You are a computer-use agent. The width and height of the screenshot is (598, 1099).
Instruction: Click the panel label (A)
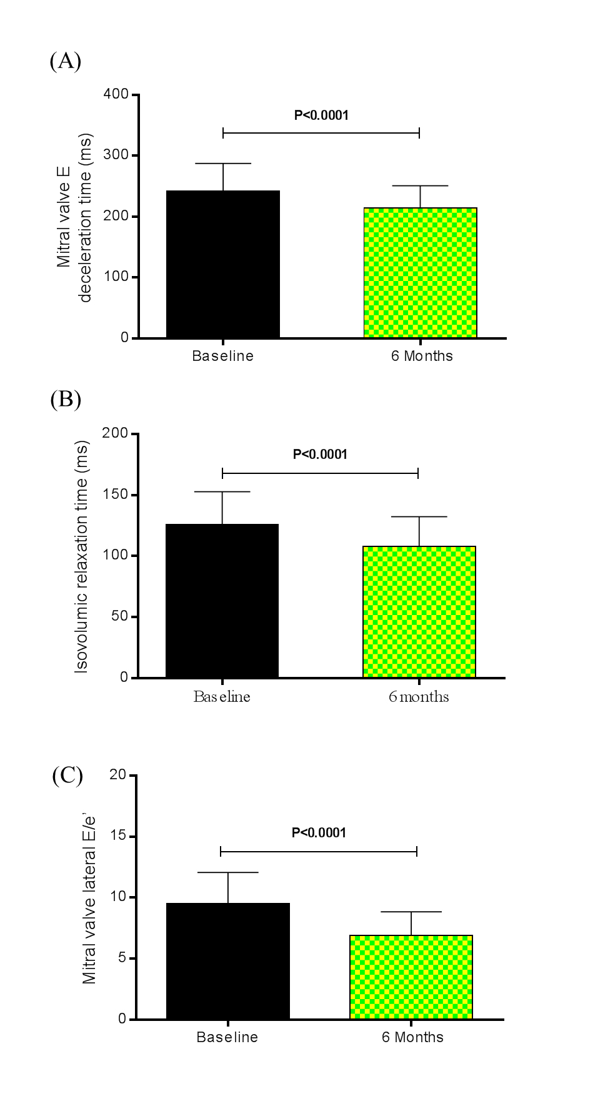pyautogui.click(x=66, y=61)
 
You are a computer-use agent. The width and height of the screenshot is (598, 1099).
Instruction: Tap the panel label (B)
pyautogui.click(x=66, y=399)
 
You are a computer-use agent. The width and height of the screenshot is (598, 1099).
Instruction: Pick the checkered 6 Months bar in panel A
pyautogui.click(x=421, y=273)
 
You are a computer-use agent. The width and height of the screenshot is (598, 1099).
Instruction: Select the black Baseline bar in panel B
pyautogui.click(x=222, y=601)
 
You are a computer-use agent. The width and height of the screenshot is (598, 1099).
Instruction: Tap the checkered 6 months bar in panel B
pyautogui.click(x=419, y=612)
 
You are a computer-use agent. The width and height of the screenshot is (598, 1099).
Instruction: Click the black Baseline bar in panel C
pyautogui.click(x=228, y=961)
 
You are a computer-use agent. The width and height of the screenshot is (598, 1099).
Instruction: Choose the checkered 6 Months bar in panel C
pyautogui.click(x=411, y=977)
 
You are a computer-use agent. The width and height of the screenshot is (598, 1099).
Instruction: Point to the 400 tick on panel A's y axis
pyautogui.click(x=116, y=94)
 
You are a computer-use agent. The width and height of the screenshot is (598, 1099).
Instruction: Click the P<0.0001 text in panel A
pyautogui.click(x=321, y=115)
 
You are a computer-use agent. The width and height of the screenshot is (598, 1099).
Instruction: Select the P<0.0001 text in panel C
pyautogui.click(x=319, y=832)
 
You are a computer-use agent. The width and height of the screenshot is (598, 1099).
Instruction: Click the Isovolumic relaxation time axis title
pyautogui.click(x=82, y=556)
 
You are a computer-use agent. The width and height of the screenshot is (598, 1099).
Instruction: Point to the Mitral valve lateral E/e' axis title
pyautogui.click(x=89, y=899)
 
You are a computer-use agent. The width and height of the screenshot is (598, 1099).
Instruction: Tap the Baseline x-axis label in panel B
pyautogui.click(x=222, y=697)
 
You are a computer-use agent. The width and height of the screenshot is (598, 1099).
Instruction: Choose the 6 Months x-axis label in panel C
pyautogui.click(x=412, y=1037)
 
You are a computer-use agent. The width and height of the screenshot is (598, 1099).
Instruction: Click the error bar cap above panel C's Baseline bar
pyautogui.click(x=228, y=872)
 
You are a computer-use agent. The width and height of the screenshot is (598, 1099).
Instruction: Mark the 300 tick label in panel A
pyautogui.click(x=116, y=155)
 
